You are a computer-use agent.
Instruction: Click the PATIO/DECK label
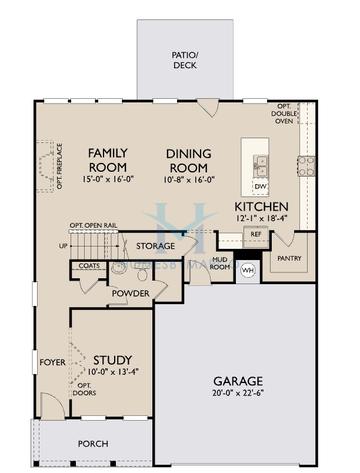183,58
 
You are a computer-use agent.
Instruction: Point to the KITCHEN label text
262,205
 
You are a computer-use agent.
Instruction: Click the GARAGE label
238,381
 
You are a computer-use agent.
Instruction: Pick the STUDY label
113,360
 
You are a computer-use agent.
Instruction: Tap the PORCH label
94,443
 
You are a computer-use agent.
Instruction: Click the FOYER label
51,361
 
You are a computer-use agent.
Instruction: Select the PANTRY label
290,257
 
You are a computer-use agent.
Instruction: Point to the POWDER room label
130,292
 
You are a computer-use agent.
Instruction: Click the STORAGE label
156,246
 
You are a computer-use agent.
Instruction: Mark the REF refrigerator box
256,234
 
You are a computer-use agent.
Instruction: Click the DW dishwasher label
260,187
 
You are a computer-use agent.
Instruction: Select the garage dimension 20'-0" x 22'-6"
238,395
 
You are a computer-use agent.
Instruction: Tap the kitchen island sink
260,164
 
